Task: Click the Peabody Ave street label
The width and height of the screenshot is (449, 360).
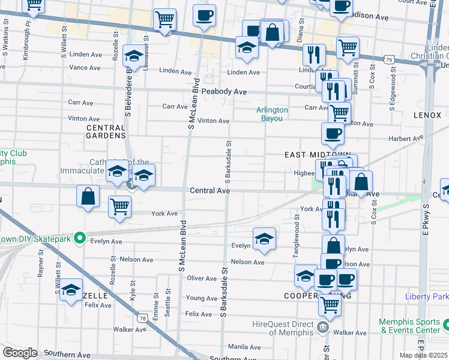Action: coord(224,92)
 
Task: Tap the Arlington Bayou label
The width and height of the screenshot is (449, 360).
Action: coord(272,114)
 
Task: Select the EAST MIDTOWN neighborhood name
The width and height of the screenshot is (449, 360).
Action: coord(309,155)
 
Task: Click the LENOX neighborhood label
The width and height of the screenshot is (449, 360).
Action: coord(427,114)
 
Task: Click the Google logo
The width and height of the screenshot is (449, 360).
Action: coord(19,352)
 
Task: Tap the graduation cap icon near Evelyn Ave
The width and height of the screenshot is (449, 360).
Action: coord(265,239)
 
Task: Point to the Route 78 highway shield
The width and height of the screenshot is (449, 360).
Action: coord(142,317)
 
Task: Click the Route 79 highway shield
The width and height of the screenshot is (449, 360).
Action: coord(390,59)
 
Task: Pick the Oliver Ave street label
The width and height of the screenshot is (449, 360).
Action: coord(202,278)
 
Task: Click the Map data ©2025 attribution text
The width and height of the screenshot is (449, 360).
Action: coord(424,355)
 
